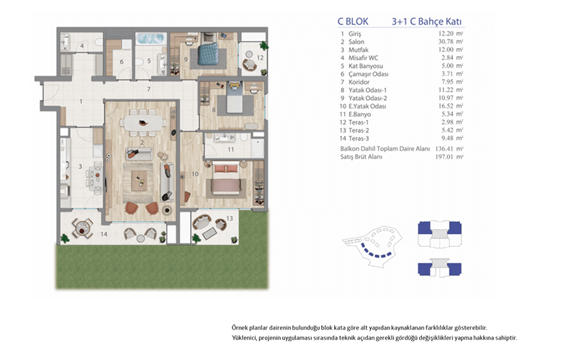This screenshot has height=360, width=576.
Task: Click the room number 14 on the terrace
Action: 104,234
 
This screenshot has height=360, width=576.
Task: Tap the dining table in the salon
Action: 143,123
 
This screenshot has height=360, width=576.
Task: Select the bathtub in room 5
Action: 150,39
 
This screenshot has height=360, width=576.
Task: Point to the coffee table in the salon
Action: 139,181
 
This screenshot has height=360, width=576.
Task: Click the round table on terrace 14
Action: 82,228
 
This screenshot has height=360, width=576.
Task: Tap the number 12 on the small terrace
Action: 260,58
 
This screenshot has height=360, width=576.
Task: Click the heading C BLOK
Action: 353,22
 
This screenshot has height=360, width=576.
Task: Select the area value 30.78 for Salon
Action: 446,42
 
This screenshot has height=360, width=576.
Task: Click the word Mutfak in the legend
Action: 358,50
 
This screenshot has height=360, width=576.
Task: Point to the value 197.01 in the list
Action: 444,157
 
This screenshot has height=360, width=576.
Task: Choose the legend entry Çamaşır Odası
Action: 368,74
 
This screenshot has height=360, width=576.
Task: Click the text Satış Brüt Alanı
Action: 361,157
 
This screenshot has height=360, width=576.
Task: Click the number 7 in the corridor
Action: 149,89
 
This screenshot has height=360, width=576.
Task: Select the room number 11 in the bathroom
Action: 230,150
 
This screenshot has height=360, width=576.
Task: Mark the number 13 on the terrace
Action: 230,219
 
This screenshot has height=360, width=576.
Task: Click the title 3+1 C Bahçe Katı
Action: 426,22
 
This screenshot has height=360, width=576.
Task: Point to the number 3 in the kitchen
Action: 81,167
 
